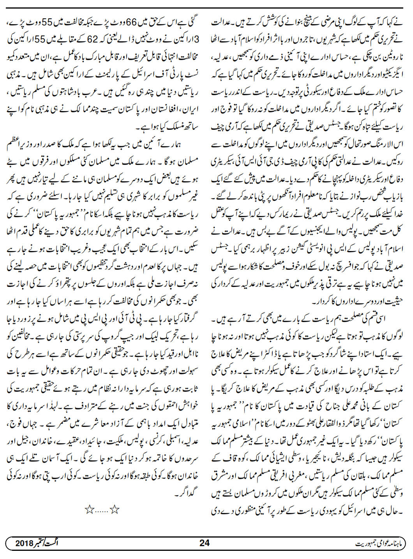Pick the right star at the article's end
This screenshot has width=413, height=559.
pos(114,508)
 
